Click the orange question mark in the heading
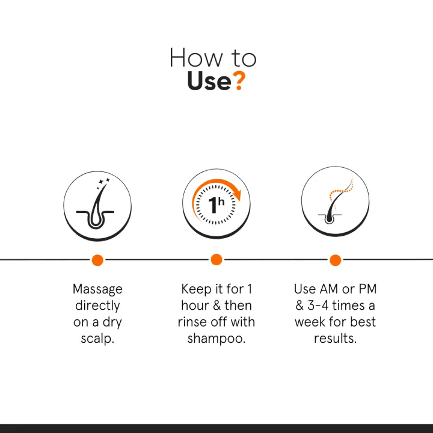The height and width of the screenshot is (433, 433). point(239,80)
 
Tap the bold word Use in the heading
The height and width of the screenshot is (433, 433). point(208,81)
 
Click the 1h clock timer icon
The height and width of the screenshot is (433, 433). point(216,204)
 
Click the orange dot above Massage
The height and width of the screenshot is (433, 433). point(97,260)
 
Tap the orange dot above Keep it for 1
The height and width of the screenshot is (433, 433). point(216,259)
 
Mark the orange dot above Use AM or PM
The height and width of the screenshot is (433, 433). point(335,260)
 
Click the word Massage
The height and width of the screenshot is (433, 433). point(97,289)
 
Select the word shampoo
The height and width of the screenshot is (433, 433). point(215,339)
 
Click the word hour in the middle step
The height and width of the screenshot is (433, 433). point(194,306)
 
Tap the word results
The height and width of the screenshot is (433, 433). point(334,339)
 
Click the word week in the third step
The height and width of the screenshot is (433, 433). point(311,322)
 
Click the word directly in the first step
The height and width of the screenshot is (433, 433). point(97,306)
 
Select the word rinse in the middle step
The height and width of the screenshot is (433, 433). point(192,322)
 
